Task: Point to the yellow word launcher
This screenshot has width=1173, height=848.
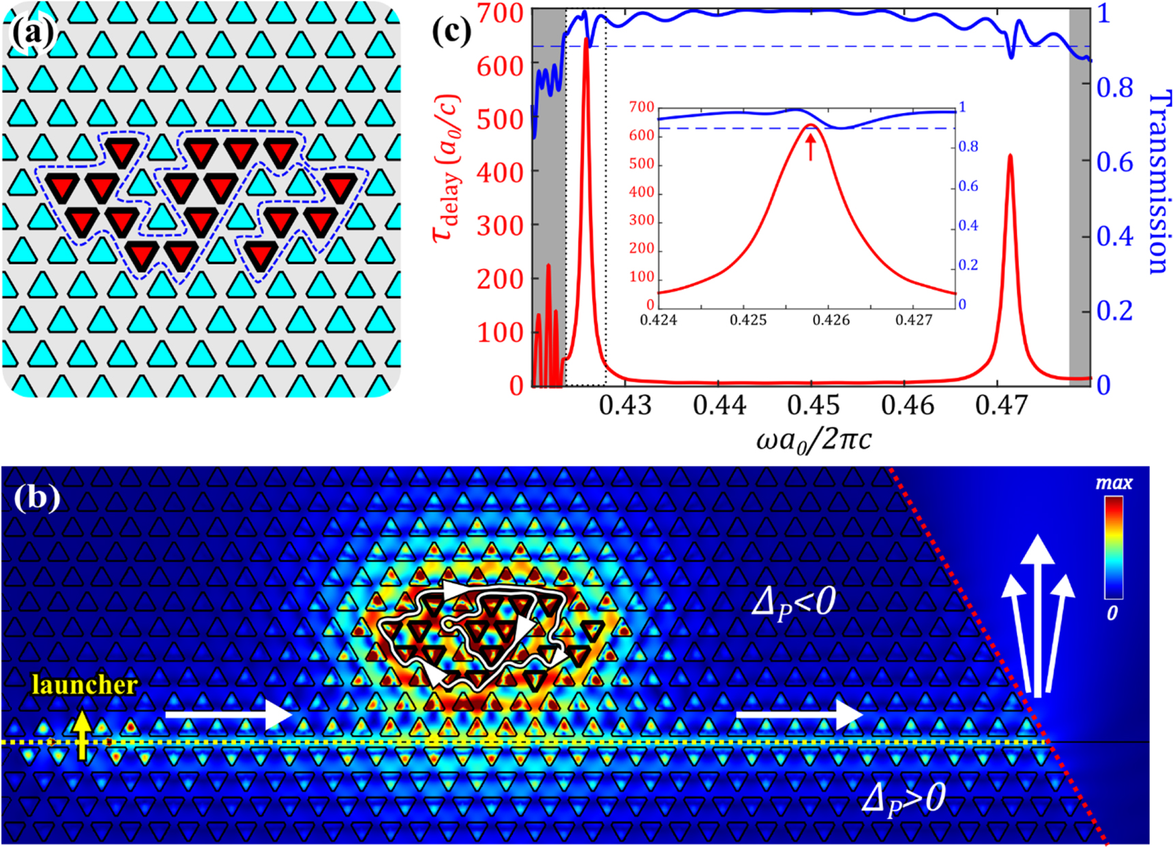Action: tap(85, 685)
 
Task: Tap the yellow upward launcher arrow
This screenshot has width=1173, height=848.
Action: tap(83, 735)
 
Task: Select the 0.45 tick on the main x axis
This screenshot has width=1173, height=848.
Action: tap(813, 405)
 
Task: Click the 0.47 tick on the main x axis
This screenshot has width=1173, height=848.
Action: tap(1001, 405)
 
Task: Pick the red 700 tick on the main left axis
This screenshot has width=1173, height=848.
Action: tap(500, 13)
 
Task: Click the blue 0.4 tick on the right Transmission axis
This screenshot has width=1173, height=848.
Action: tap(1114, 237)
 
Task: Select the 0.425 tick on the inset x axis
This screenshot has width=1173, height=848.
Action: tap(748, 320)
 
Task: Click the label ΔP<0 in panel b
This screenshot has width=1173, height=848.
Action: tap(793, 603)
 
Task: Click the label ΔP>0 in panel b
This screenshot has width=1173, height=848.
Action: tap(904, 798)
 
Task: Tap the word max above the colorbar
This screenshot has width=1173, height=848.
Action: tap(1113, 483)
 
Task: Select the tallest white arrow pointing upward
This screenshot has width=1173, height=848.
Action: tap(1037, 614)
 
